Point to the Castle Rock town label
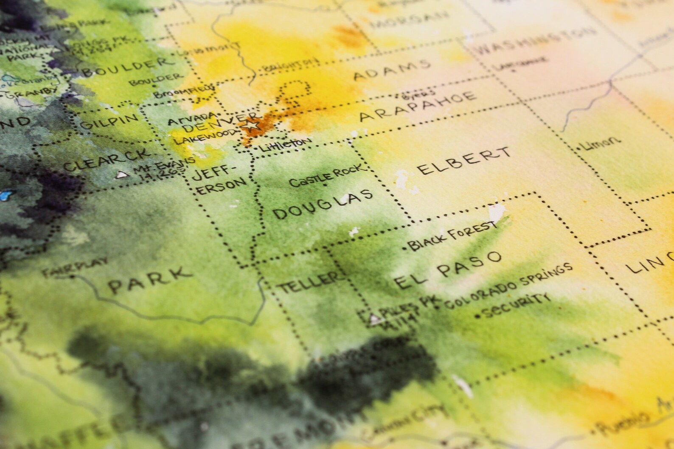click(x=326, y=176)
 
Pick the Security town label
click(x=514, y=306)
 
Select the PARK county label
click(x=149, y=279)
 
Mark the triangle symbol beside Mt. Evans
click(x=122, y=174)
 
